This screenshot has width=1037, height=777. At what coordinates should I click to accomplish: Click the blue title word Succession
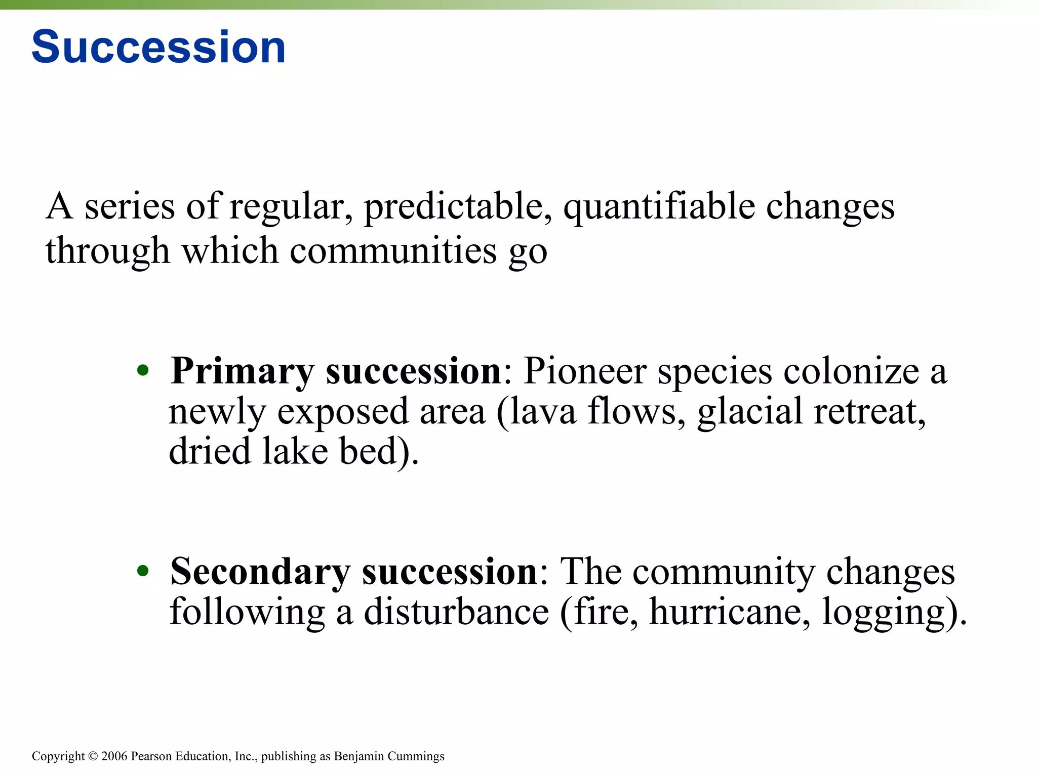click(158, 47)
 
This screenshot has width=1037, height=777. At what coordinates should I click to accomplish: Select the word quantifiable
click(659, 207)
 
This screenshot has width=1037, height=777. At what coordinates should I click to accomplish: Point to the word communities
click(393, 251)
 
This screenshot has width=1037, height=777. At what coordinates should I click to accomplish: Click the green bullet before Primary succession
click(143, 370)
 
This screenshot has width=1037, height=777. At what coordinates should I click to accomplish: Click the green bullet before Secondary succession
click(143, 571)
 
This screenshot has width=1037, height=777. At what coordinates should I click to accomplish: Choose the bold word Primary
click(242, 372)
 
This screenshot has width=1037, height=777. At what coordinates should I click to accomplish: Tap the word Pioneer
click(584, 371)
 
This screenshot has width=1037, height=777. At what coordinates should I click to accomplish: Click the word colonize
click(851, 371)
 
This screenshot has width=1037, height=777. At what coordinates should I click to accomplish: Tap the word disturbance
click(456, 612)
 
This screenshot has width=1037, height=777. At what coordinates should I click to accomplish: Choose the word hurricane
click(726, 612)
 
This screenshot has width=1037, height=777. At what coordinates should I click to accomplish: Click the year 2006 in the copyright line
click(114, 756)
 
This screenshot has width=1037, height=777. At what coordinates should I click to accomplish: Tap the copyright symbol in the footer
click(93, 756)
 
